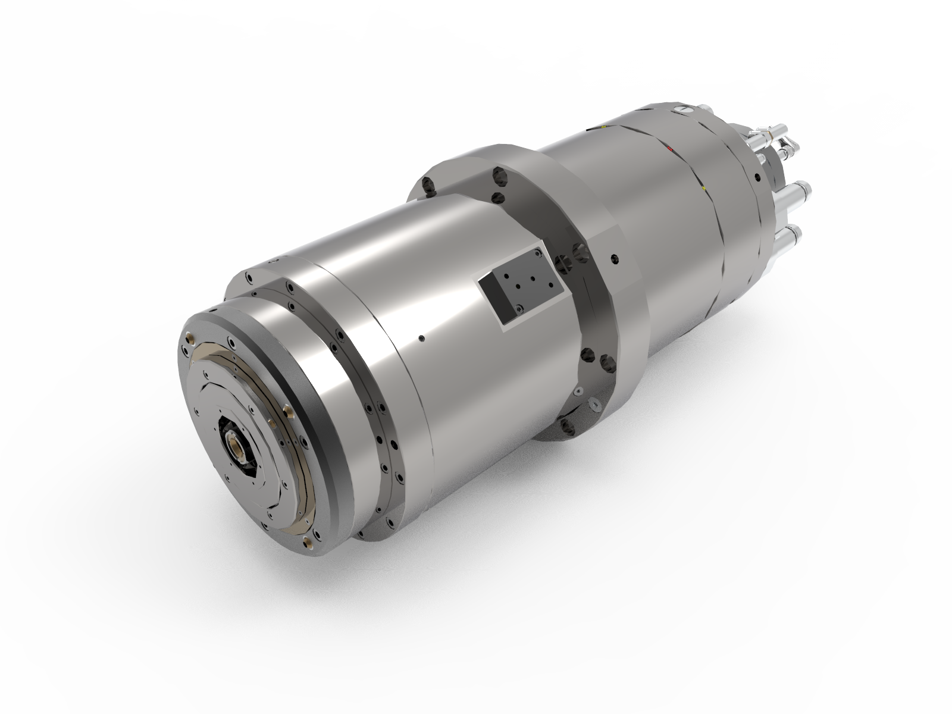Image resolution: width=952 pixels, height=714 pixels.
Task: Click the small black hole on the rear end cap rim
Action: (756, 177)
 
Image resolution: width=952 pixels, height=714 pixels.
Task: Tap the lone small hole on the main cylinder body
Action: (421, 339)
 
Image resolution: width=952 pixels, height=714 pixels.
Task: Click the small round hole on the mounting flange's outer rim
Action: (614, 258)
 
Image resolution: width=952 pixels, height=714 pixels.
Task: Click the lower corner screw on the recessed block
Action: (521, 308)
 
